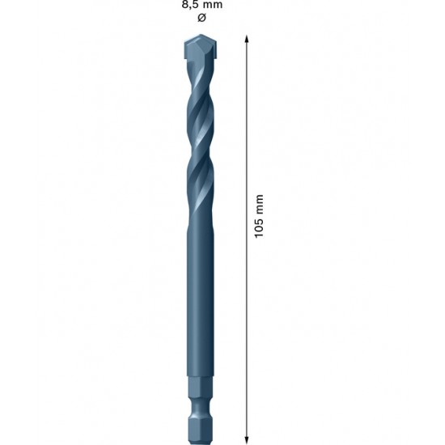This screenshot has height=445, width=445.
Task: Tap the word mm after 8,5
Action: (213, 5)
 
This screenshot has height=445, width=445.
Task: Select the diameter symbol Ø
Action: (201, 18)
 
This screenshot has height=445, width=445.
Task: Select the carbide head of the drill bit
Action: (198, 50)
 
